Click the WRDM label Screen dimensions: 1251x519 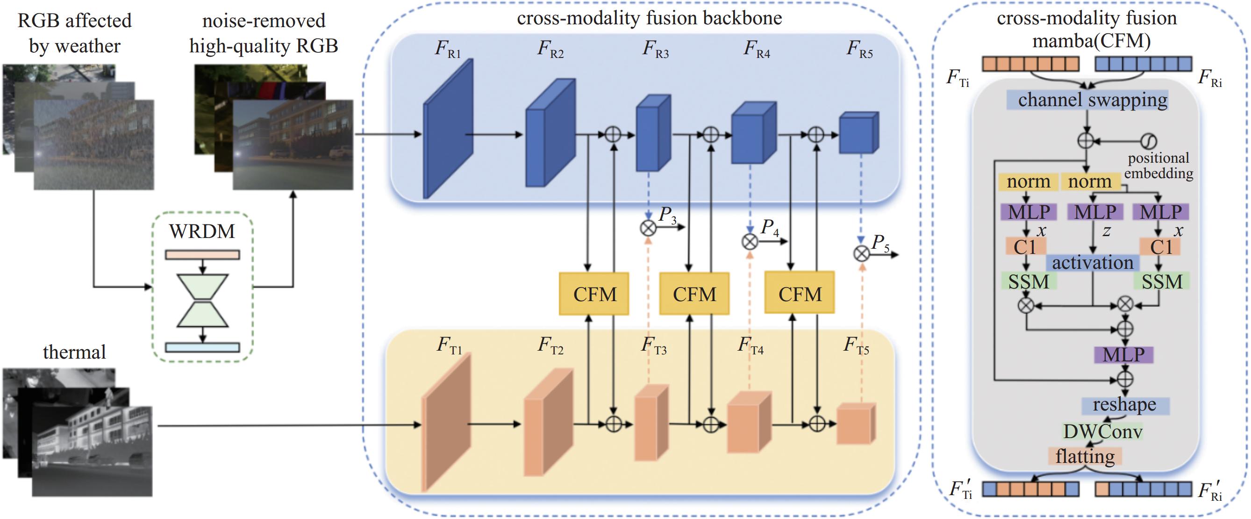click(x=201, y=231)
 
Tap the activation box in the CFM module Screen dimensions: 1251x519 click(x=1092, y=263)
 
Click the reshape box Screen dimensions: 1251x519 click(x=1125, y=405)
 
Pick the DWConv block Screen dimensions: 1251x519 click(x=1103, y=431)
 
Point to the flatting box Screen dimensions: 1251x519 click(x=1085, y=456)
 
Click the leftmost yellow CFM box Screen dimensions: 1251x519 click(x=594, y=294)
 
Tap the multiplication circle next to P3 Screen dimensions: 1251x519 click(x=648, y=228)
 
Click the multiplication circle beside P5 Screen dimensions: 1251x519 click(x=862, y=253)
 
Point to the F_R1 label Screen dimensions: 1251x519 click(x=447, y=49)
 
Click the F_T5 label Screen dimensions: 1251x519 click(x=856, y=346)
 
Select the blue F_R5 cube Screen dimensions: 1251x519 click(x=859, y=133)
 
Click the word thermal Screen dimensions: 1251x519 click(x=74, y=352)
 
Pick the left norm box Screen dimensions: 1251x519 click(x=1028, y=182)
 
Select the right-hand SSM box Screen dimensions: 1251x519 click(x=1162, y=282)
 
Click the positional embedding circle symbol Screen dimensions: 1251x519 click(x=1149, y=141)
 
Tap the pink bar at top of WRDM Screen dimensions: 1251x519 click(x=202, y=255)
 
